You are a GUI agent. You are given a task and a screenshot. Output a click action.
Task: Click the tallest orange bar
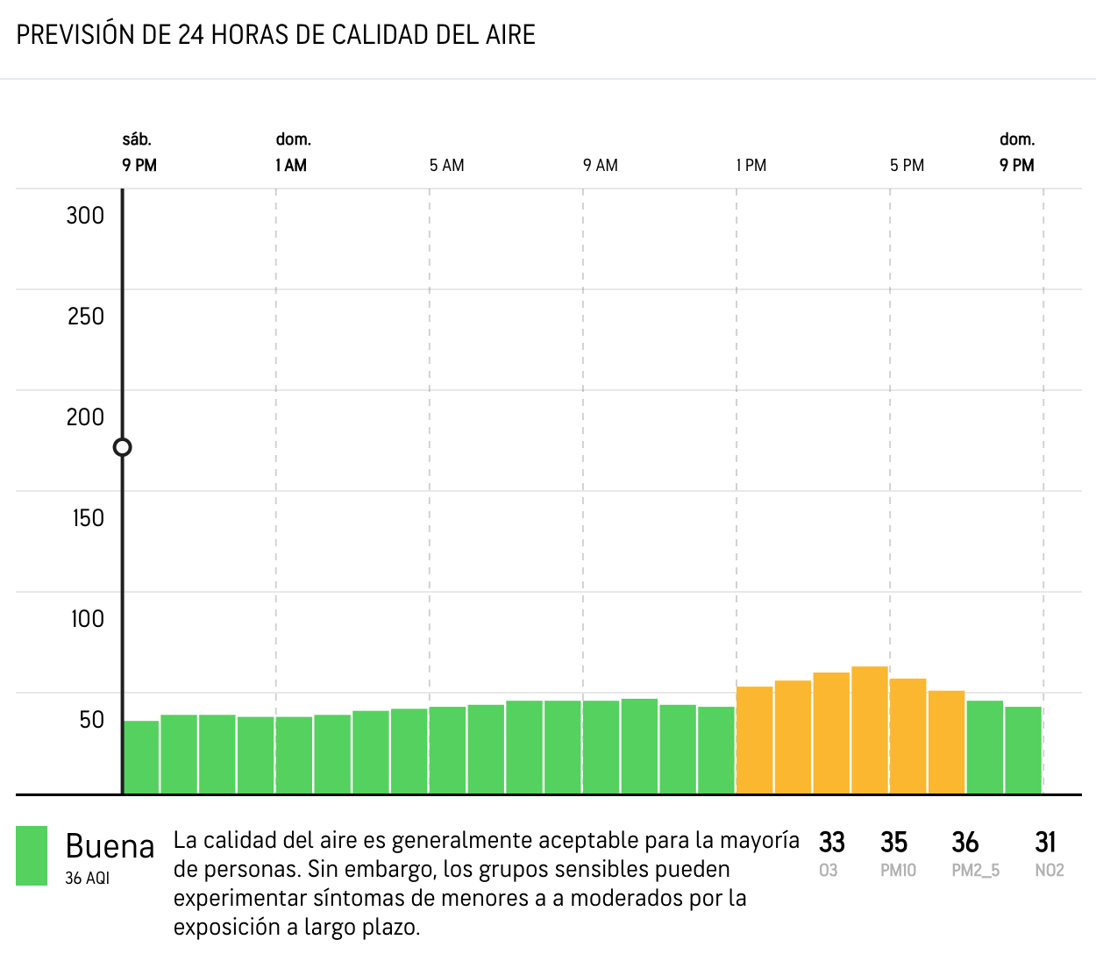870,730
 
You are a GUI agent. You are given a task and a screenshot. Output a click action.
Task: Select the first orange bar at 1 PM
754,740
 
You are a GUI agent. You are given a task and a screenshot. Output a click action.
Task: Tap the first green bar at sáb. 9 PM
141,757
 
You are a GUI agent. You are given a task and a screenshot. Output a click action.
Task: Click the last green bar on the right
1023,750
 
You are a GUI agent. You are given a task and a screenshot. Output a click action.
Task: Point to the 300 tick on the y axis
85,216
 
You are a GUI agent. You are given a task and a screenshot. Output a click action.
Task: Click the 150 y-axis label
88,518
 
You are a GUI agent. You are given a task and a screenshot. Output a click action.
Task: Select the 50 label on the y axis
91,720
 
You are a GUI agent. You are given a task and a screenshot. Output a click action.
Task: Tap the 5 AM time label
446,166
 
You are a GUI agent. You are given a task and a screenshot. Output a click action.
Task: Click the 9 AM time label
601,166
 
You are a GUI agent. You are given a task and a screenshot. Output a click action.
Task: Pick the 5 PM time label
907,166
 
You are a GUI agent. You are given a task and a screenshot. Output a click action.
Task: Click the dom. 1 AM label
292,153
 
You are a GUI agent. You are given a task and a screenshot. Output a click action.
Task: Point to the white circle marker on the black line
123,447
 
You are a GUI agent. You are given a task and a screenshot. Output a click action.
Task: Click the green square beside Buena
32,856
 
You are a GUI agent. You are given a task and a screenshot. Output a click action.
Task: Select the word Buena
110,847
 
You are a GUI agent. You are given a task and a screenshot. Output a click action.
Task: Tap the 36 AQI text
87,879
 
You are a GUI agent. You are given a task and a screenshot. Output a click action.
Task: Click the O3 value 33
831,843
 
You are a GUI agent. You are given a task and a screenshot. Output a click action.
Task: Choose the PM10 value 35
893,843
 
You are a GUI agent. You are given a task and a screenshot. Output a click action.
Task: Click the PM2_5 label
975,871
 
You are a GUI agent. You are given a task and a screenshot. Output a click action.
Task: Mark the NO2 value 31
1045,843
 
